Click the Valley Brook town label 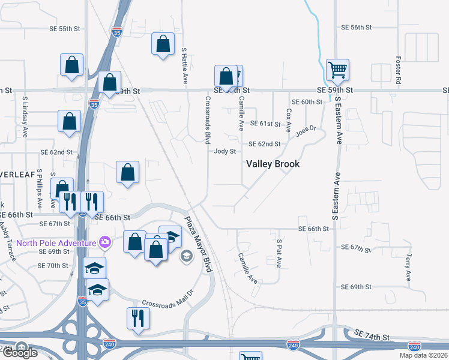pos(273,164)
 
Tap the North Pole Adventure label pos(56,242)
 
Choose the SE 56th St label pos(357,28)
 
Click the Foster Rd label pos(399,70)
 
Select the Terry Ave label pos(408,268)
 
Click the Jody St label pos(225,152)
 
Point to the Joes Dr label pos(305,130)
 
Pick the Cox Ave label pos(289,120)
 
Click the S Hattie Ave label pos(184,66)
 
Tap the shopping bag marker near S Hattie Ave pos(163,44)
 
